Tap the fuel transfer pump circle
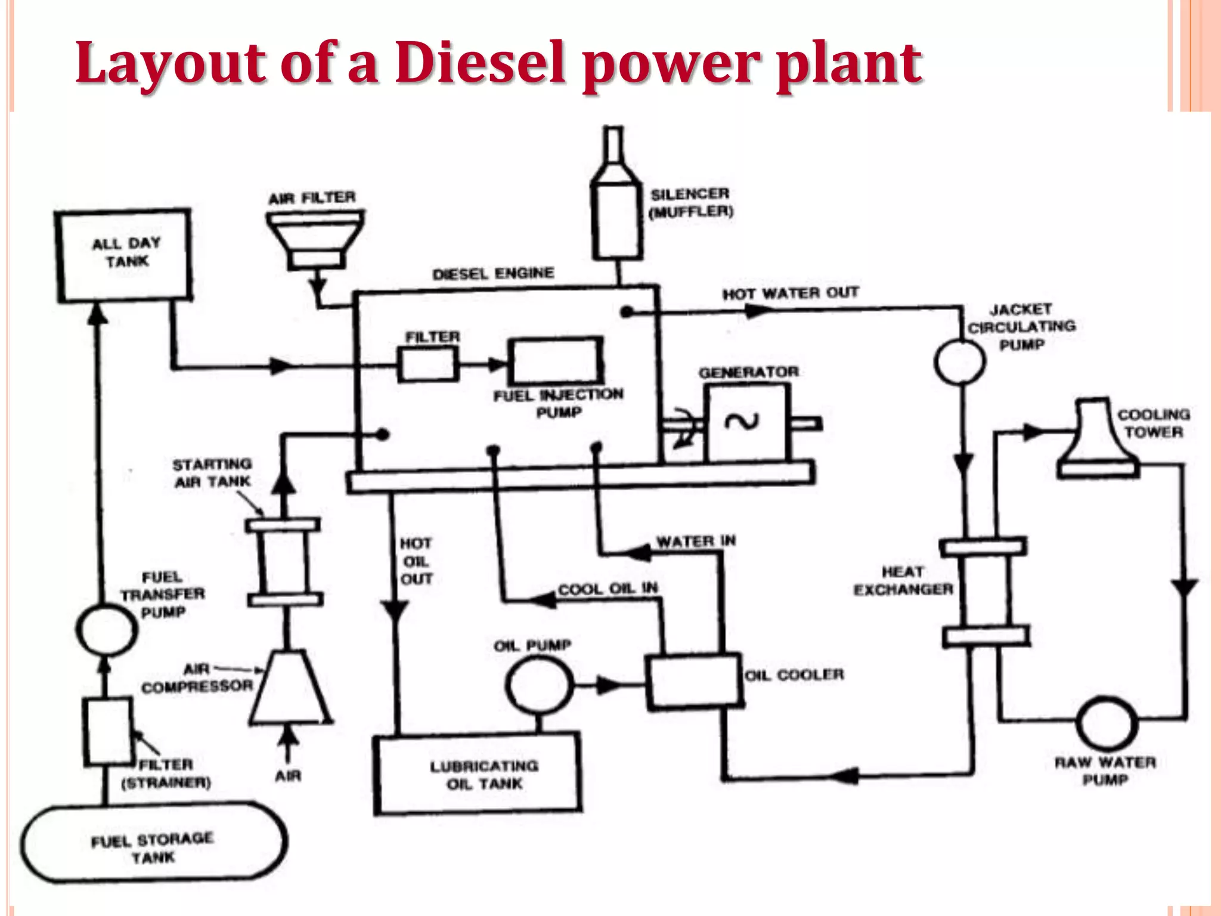pos(106,630)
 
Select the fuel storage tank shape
pos(154,842)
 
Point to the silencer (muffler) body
pos(616,221)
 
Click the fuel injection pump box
pos(556,361)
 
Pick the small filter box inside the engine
pos(428,364)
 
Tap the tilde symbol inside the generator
pos(741,422)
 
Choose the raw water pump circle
pos(1107,723)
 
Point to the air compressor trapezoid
pos(289,689)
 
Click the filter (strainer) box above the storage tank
pos(107,732)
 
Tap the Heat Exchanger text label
pos(902,580)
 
